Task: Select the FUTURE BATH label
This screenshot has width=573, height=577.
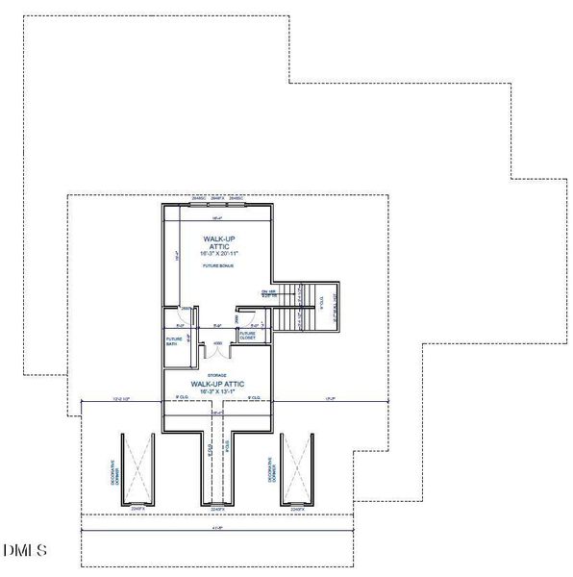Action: pyautogui.click(x=175, y=341)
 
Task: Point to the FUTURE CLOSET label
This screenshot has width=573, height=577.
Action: pyautogui.click(x=247, y=336)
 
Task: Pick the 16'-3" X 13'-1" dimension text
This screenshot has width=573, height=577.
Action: pyautogui.click(x=218, y=391)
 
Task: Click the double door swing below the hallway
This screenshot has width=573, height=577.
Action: pyautogui.click(x=218, y=351)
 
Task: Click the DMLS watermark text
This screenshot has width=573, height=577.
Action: pyautogui.click(x=24, y=551)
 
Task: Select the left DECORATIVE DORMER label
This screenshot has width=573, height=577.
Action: pyautogui.click(x=114, y=473)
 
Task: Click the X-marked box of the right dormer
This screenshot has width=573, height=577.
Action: pyautogui.click(x=296, y=468)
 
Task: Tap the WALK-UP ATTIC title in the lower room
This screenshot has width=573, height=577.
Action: pyautogui.click(x=218, y=384)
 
